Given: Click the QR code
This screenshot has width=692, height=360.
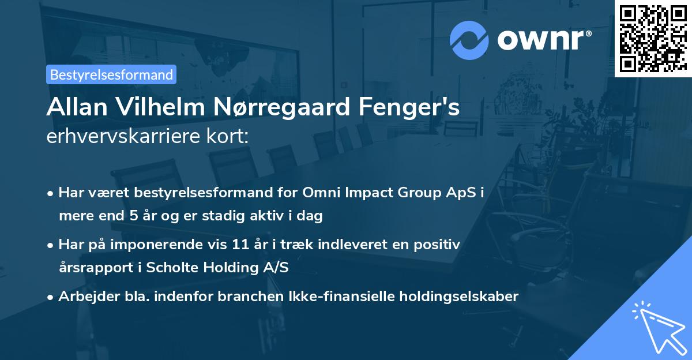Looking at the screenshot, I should [x=653, y=39].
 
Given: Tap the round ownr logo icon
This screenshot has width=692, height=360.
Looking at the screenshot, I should [x=469, y=40].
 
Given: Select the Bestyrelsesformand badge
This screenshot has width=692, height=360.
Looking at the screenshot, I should [x=111, y=74].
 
